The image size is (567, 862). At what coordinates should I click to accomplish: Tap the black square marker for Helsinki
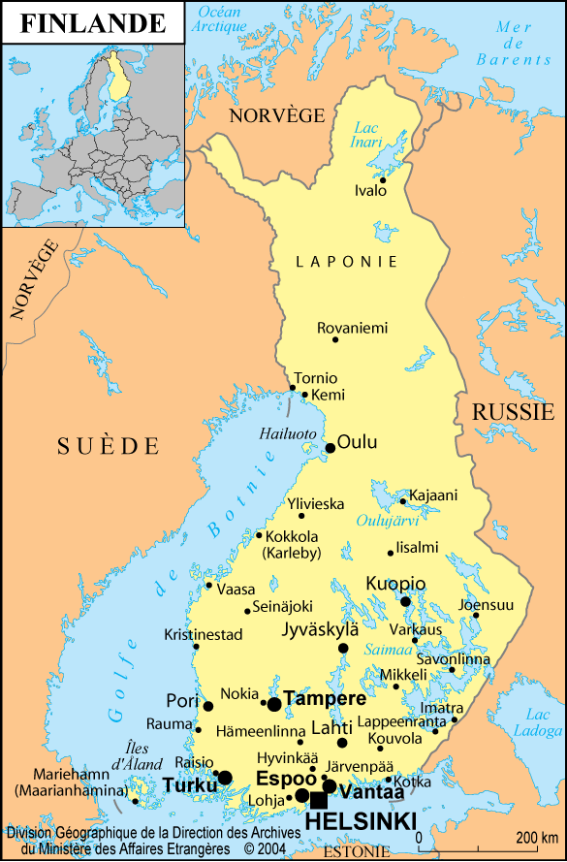tap(318, 799)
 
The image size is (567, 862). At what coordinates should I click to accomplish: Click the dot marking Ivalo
tap(383, 179)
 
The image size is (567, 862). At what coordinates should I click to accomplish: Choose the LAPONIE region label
tap(347, 262)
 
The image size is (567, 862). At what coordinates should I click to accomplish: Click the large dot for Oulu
tap(331, 448)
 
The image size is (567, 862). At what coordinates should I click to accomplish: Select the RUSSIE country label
tap(513, 412)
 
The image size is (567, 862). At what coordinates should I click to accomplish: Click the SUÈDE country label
tap(107, 446)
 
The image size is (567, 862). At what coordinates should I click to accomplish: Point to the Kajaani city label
tap(433, 495)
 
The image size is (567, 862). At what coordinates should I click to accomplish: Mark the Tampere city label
tap(326, 699)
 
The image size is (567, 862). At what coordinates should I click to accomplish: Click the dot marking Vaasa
tap(208, 585)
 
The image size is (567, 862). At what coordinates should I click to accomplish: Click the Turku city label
tap(189, 784)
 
